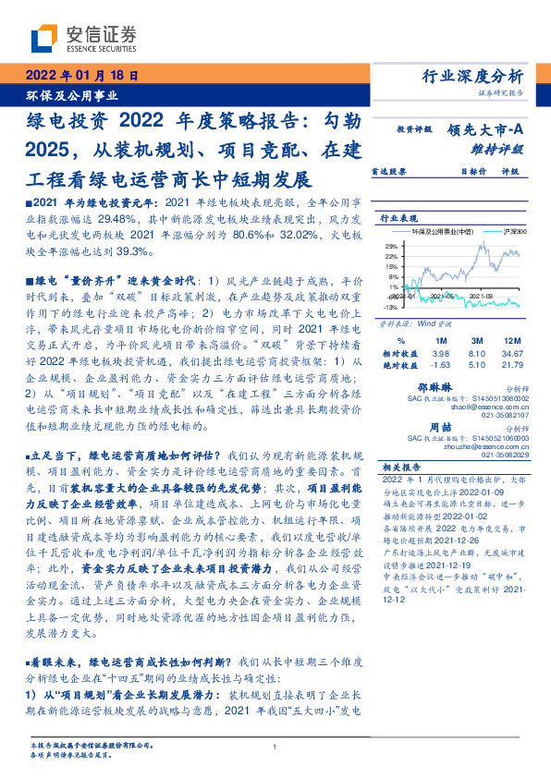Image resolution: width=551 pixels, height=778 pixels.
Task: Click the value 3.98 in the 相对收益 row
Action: coord(439,354)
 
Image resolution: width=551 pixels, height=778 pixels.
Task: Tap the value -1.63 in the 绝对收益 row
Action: coord(439,365)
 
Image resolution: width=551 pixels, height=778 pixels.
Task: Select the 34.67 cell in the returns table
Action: coord(508,354)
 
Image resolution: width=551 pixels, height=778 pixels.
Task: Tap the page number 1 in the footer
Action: coord(275,747)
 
